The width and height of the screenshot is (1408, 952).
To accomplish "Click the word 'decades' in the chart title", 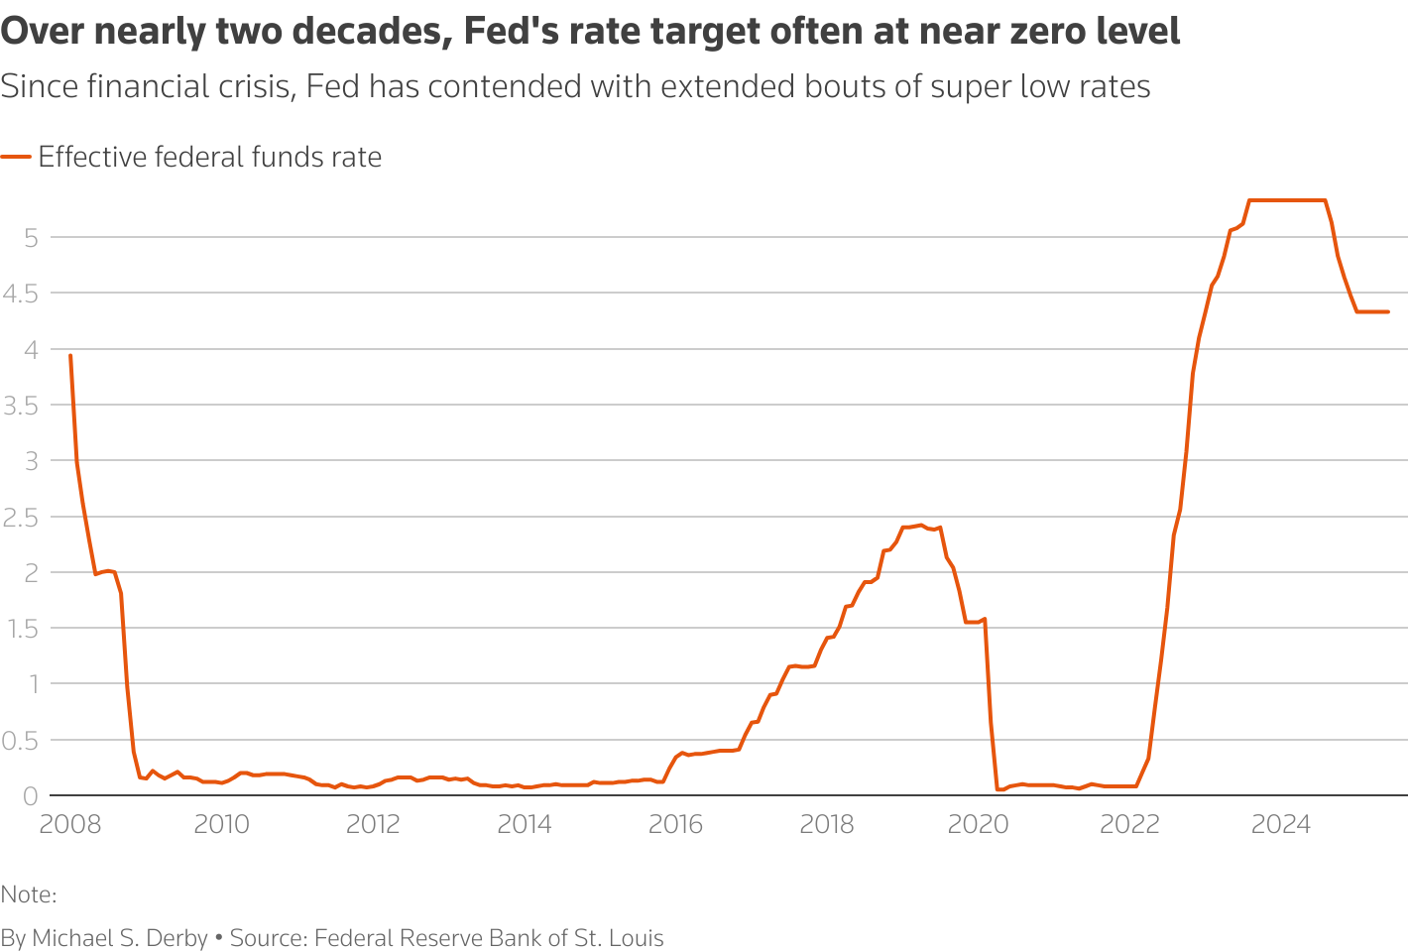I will [371, 32].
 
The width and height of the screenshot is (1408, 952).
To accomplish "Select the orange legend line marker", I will [16, 157].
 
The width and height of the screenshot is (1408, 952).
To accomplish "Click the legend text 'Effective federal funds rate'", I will [209, 157].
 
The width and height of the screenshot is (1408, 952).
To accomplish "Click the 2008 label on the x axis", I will [69, 825].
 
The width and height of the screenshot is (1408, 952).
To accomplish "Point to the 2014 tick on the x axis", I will [524, 825].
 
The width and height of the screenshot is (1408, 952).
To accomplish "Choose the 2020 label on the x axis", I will [978, 825].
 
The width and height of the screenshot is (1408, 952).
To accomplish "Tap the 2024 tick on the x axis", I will [1280, 825].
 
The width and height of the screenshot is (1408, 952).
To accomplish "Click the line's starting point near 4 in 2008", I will [70, 355].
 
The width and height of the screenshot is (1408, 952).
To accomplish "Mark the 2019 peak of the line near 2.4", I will [920, 525].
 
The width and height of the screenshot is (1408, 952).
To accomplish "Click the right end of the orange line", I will [1387, 311].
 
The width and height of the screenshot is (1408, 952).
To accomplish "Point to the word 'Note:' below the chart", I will [29, 894].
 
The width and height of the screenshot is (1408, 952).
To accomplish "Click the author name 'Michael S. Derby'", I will [120, 938].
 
